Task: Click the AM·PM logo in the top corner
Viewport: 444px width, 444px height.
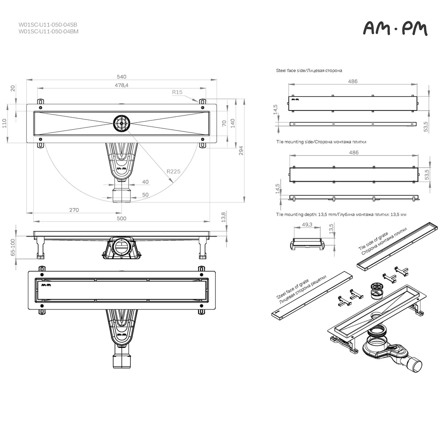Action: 395,28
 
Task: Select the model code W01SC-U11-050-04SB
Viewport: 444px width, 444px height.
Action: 48,24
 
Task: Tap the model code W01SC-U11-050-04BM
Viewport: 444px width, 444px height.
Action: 48,32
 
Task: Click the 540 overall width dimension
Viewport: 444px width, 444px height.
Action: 122,77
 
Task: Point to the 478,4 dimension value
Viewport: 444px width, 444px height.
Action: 122,85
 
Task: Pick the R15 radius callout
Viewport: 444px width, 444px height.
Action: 177,92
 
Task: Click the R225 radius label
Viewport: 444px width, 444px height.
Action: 173,171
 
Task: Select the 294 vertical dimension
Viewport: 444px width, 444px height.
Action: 241,151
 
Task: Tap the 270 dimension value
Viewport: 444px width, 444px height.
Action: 74,210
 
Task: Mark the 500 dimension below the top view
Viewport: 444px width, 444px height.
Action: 122,218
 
